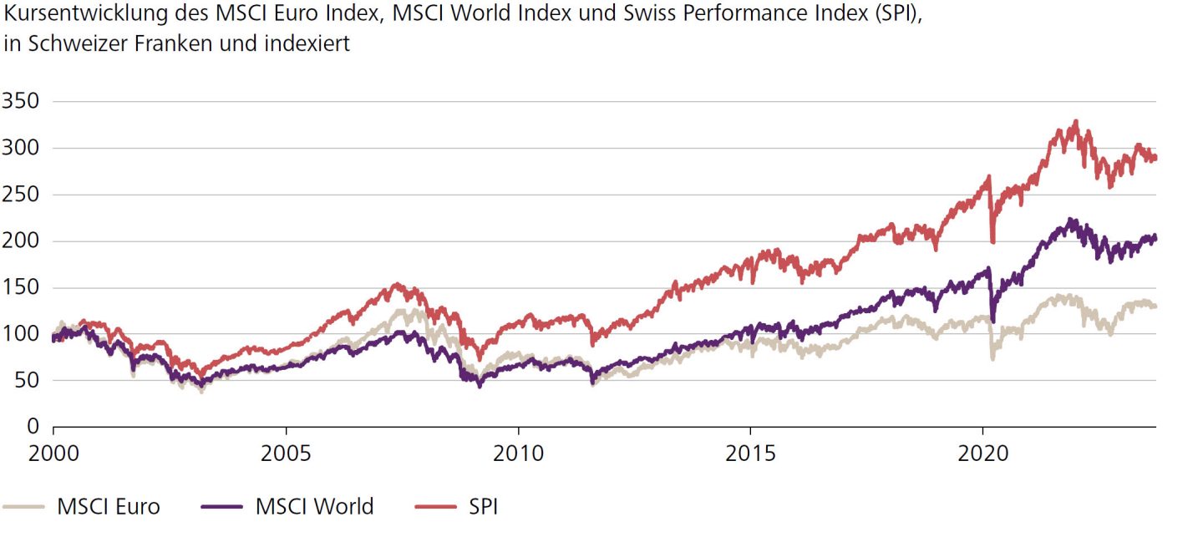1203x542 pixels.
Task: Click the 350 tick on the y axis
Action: tap(23, 102)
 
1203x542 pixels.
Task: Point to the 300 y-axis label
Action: tap(23, 149)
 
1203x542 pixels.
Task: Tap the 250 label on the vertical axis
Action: tap(23, 195)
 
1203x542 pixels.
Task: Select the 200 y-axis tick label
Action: tap(23, 241)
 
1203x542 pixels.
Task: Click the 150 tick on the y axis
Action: tap(23, 288)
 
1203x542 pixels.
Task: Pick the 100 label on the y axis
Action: tap(23, 334)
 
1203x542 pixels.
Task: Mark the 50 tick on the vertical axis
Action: tap(28, 381)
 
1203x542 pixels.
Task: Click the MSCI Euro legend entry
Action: tap(108, 506)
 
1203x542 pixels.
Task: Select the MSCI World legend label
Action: tap(314, 506)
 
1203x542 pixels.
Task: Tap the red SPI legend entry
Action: tap(483, 506)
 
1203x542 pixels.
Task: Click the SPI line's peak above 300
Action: tap(1076, 122)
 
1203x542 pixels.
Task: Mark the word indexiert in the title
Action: tap(309, 44)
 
